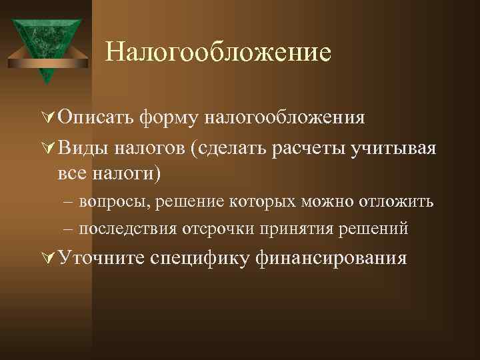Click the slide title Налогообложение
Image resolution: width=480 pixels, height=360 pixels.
tap(218, 52)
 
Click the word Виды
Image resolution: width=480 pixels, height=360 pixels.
tap(79, 147)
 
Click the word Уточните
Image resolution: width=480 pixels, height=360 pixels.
tap(100, 257)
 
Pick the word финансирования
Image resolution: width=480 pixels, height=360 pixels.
tap(330, 257)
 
